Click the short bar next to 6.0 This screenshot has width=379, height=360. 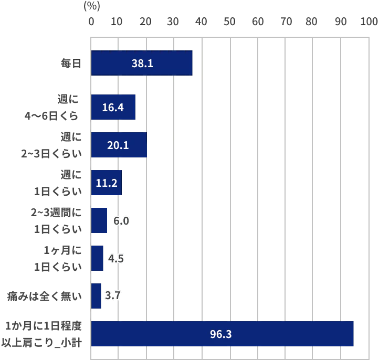pyautogui.click(x=99, y=220)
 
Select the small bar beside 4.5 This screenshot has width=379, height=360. pyautogui.click(x=98, y=258)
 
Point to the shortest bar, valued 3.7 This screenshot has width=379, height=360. pyautogui.click(x=96, y=296)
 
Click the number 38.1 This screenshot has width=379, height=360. pyautogui.click(x=142, y=63)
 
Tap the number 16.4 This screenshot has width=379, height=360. pyautogui.click(x=112, y=108)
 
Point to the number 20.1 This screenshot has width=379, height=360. pyautogui.click(x=118, y=145)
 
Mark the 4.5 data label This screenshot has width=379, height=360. pyautogui.click(x=116, y=259)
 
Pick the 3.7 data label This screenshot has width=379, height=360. pyautogui.click(x=113, y=296)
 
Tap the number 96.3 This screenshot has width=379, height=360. pyautogui.click(x=220, y=334)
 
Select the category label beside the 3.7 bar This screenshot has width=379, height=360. pyautogui.click(x=44, y=296)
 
